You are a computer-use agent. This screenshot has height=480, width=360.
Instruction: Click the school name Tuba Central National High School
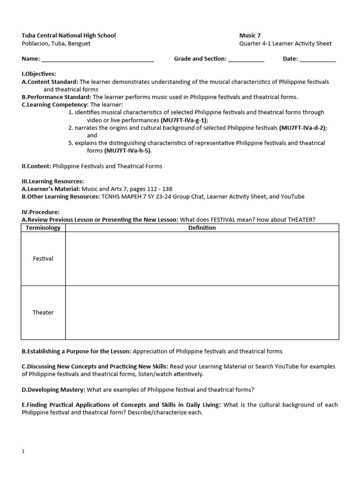68,35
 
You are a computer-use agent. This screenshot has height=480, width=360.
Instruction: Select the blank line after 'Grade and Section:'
246,60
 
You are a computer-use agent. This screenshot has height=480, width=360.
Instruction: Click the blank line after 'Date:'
317,60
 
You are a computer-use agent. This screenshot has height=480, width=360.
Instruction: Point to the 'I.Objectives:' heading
39,74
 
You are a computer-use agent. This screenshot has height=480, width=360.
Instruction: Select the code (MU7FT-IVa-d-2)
303,127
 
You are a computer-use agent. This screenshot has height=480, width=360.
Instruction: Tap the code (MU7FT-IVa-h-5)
125,150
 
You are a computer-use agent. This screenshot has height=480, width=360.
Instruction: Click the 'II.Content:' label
37,166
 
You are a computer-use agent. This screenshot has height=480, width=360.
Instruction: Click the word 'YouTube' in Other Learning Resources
293,196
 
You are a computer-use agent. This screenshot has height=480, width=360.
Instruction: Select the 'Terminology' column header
43,228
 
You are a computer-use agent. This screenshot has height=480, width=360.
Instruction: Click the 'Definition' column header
202,228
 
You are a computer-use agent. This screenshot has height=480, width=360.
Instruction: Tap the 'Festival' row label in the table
43,259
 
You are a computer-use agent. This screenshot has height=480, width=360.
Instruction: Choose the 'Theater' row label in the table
43,313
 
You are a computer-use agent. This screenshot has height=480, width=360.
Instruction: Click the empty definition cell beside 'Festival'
202,259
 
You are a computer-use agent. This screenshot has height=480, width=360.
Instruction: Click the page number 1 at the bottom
23,451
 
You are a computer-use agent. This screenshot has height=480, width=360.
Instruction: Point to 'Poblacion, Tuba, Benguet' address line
56,44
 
